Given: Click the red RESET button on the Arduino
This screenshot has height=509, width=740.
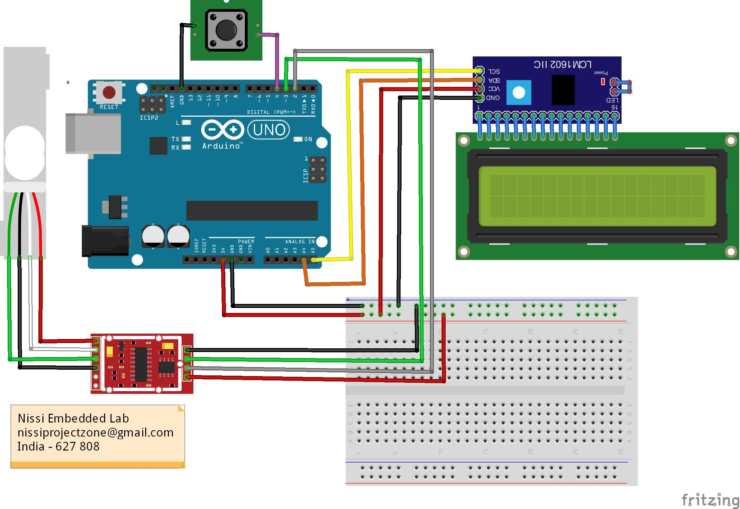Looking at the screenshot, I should [x=109, y=93].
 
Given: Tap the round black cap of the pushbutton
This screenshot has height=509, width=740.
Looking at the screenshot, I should [x=226, y=30].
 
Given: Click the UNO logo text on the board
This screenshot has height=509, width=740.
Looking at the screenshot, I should [x=269, y=130].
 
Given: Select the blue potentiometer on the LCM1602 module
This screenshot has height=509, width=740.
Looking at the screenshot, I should [x=519, y=93].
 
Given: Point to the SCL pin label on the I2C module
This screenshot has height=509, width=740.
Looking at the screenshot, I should [x=494, y=71].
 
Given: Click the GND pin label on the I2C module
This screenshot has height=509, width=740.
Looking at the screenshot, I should [x=493, y=98].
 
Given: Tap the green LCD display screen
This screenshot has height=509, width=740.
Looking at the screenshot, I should [x=597, y=196].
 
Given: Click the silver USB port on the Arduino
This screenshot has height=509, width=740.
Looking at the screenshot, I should [x=93, y=134].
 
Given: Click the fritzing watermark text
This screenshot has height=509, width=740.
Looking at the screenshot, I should [x=710, y=500].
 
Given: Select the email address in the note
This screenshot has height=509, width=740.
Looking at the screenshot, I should [x=95, y=433].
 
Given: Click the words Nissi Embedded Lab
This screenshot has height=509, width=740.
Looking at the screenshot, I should [x=73, y=418].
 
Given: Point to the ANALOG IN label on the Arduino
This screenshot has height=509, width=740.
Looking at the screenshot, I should [x=299, y=241].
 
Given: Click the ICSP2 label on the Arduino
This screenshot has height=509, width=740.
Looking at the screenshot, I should [x=149, y=118].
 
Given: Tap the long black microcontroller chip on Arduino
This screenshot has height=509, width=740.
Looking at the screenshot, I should [x=252, y=210].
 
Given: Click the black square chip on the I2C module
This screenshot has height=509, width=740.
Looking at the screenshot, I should [x=563, y=90].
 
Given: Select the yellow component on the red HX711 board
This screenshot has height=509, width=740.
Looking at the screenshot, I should [x=109, y=351].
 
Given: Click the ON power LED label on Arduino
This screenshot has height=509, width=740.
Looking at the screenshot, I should [x=308, y=139].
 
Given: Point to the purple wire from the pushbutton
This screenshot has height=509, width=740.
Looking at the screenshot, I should [x=277, y=60].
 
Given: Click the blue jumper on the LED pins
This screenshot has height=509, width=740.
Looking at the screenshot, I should [x=623, y=87].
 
